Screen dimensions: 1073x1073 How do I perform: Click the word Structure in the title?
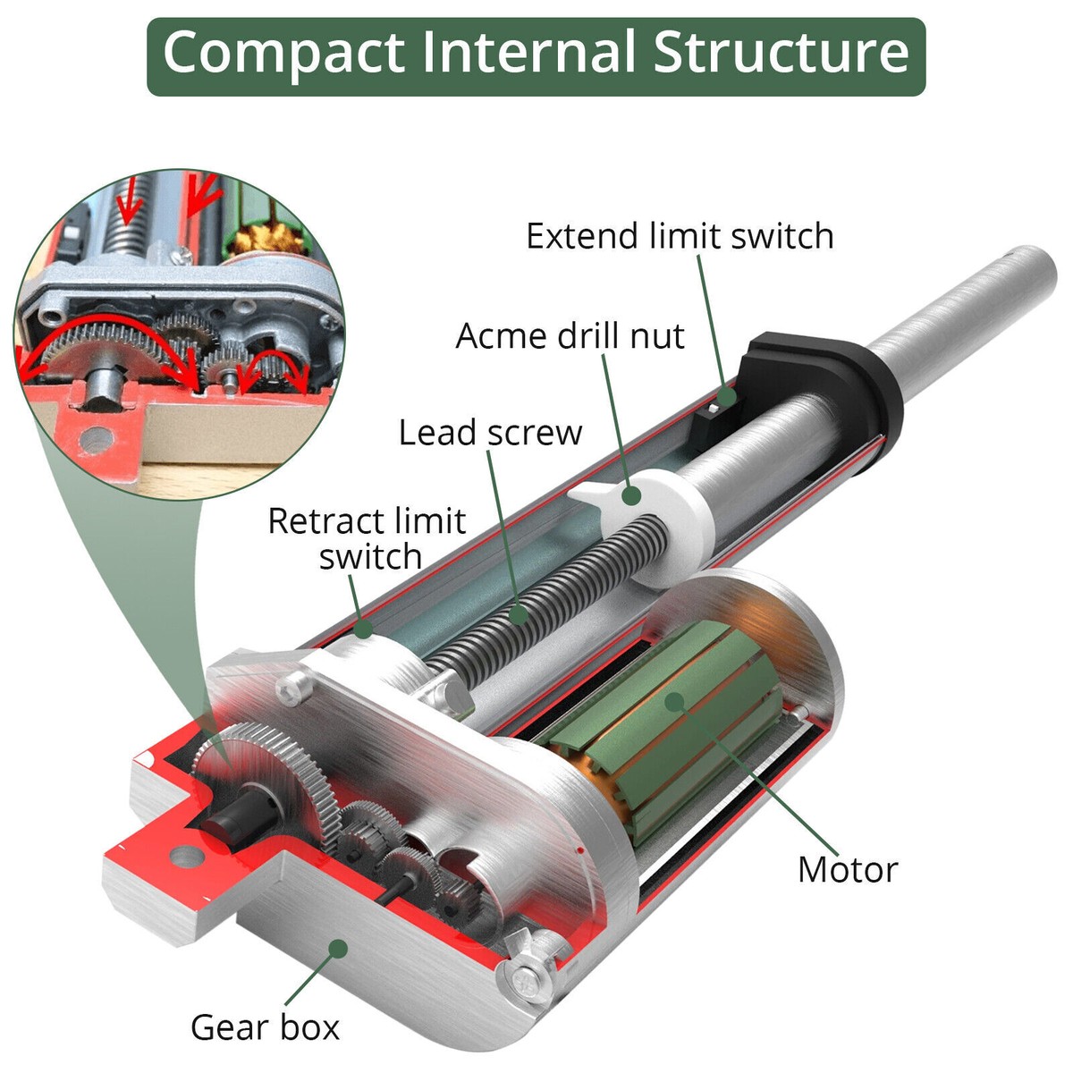tap(782, 54)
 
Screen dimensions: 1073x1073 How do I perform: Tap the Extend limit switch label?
tap(680, 236)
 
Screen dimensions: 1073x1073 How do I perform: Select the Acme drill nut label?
tap(570, 336)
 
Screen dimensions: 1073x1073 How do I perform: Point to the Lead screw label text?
tap(490, 433)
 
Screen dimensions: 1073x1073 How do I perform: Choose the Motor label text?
tap(847, 869)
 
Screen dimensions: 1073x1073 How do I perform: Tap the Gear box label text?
tap(266, 1027)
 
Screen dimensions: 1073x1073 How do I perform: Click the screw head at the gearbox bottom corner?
tap(527, 980)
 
